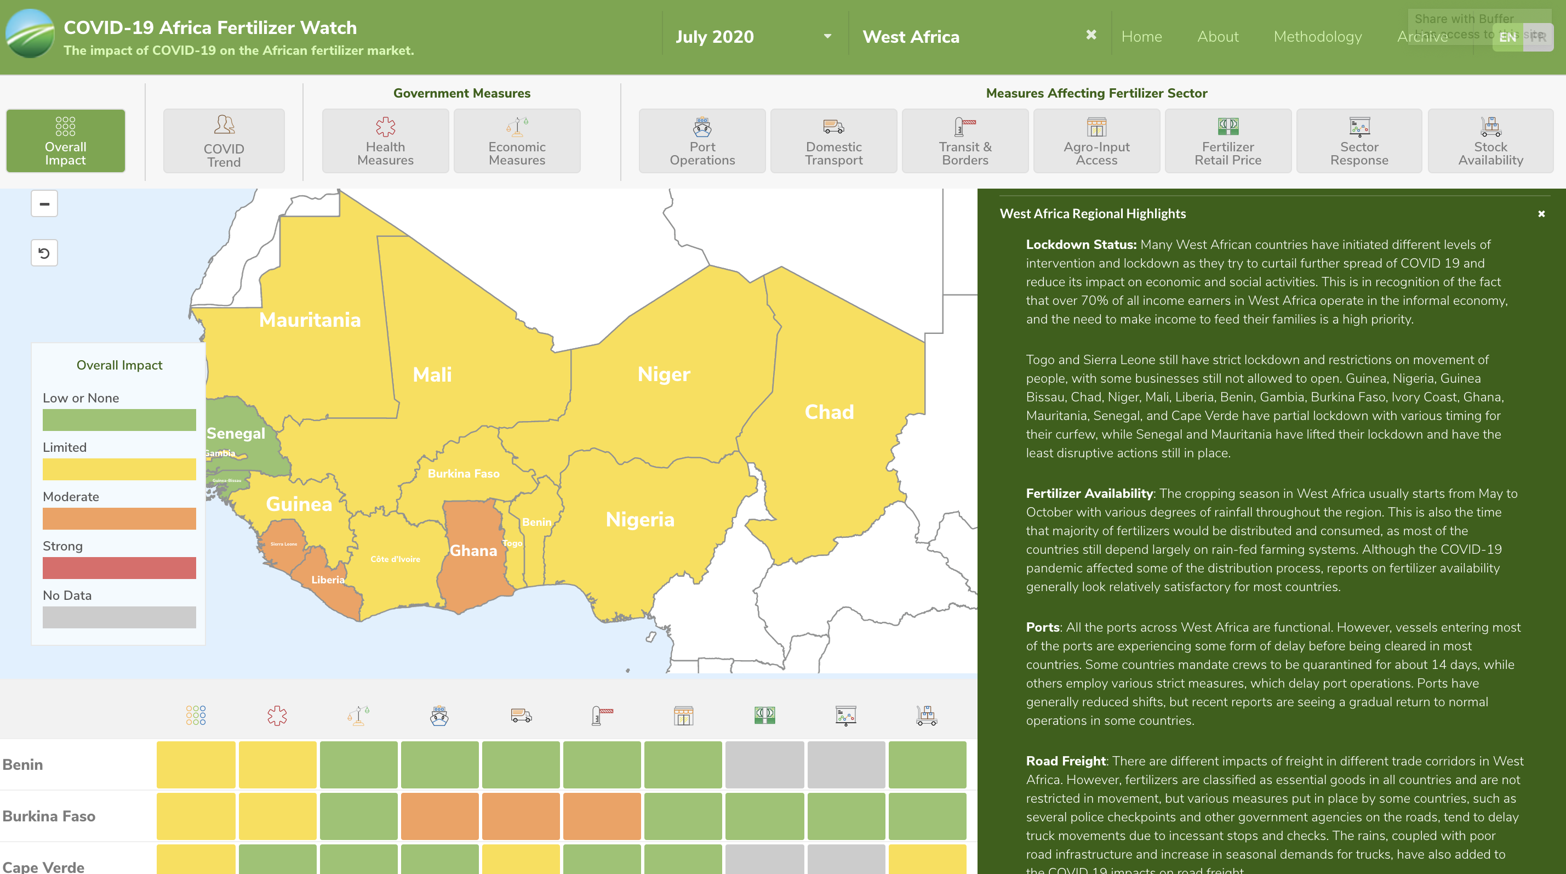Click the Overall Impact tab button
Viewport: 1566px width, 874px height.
click(x=66, y=141)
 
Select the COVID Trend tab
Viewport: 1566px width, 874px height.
click(x=224, y=141)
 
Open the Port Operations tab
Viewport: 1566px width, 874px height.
click(x=702, y=141)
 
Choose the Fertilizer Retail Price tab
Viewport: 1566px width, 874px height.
click(x=1227, y=141)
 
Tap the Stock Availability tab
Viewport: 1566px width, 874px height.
click(x=1490, y=141)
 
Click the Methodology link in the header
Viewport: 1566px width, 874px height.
click(x=1317, y=37)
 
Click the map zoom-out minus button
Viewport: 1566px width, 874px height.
click(x=44, y=204)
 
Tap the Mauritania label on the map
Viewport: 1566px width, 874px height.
click(x=310, y=320)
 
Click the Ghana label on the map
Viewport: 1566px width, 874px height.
click(x=473, y=551)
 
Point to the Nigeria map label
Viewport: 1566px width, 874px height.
click(x=639, y=519)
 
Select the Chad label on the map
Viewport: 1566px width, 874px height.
click(x=829, y=412)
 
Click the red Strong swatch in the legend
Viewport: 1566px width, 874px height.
click(x=119, y=568)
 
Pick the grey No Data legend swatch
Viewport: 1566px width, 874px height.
click(x=119, y=617)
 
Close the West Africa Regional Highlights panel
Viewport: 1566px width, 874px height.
click(x=1541, y=214)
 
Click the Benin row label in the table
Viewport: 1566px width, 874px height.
click(x=23, y=764)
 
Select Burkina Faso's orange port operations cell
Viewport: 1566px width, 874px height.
click(x=439, y=816)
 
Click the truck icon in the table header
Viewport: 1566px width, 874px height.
click(x=521, y=716)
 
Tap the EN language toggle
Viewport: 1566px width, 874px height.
click(x=1507, y=38)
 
